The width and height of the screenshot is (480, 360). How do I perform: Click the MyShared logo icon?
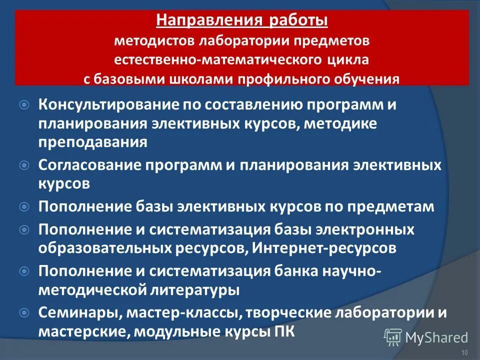[x=393, y=338]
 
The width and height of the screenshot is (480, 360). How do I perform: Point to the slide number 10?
[x=464, y=353]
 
